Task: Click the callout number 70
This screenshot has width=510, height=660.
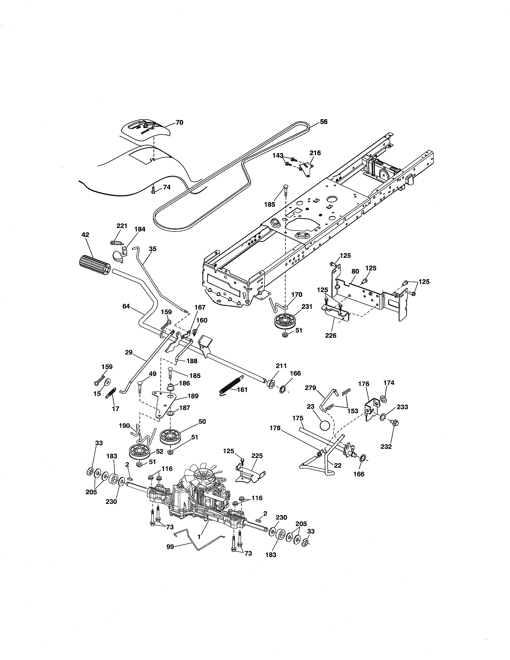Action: point(179,122)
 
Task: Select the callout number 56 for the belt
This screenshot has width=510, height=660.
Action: point(324,122)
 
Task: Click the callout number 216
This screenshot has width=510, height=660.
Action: point(315,153)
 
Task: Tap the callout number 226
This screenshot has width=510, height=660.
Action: point(331,335)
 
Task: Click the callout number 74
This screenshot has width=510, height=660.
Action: point(167,187)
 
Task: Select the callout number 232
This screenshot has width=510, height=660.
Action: point(386,447)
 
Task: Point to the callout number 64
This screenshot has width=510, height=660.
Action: point(126,306)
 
